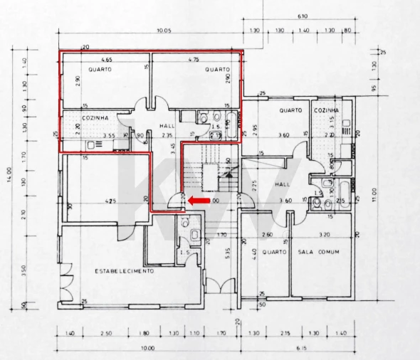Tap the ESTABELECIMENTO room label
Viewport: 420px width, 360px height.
[x=124, y=271]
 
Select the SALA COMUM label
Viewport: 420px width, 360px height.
[x=317, y=253]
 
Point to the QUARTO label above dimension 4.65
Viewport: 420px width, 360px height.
[x=100, y=70]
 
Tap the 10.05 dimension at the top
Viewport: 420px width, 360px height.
[x=166, y=31]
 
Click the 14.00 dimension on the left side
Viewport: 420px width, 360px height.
[x=11, y=174]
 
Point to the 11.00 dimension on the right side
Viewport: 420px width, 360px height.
[x=374, y=194]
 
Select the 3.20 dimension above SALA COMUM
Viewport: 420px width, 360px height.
[x=324, y=234]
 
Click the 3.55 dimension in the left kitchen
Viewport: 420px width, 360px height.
[x=108, y=135]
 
